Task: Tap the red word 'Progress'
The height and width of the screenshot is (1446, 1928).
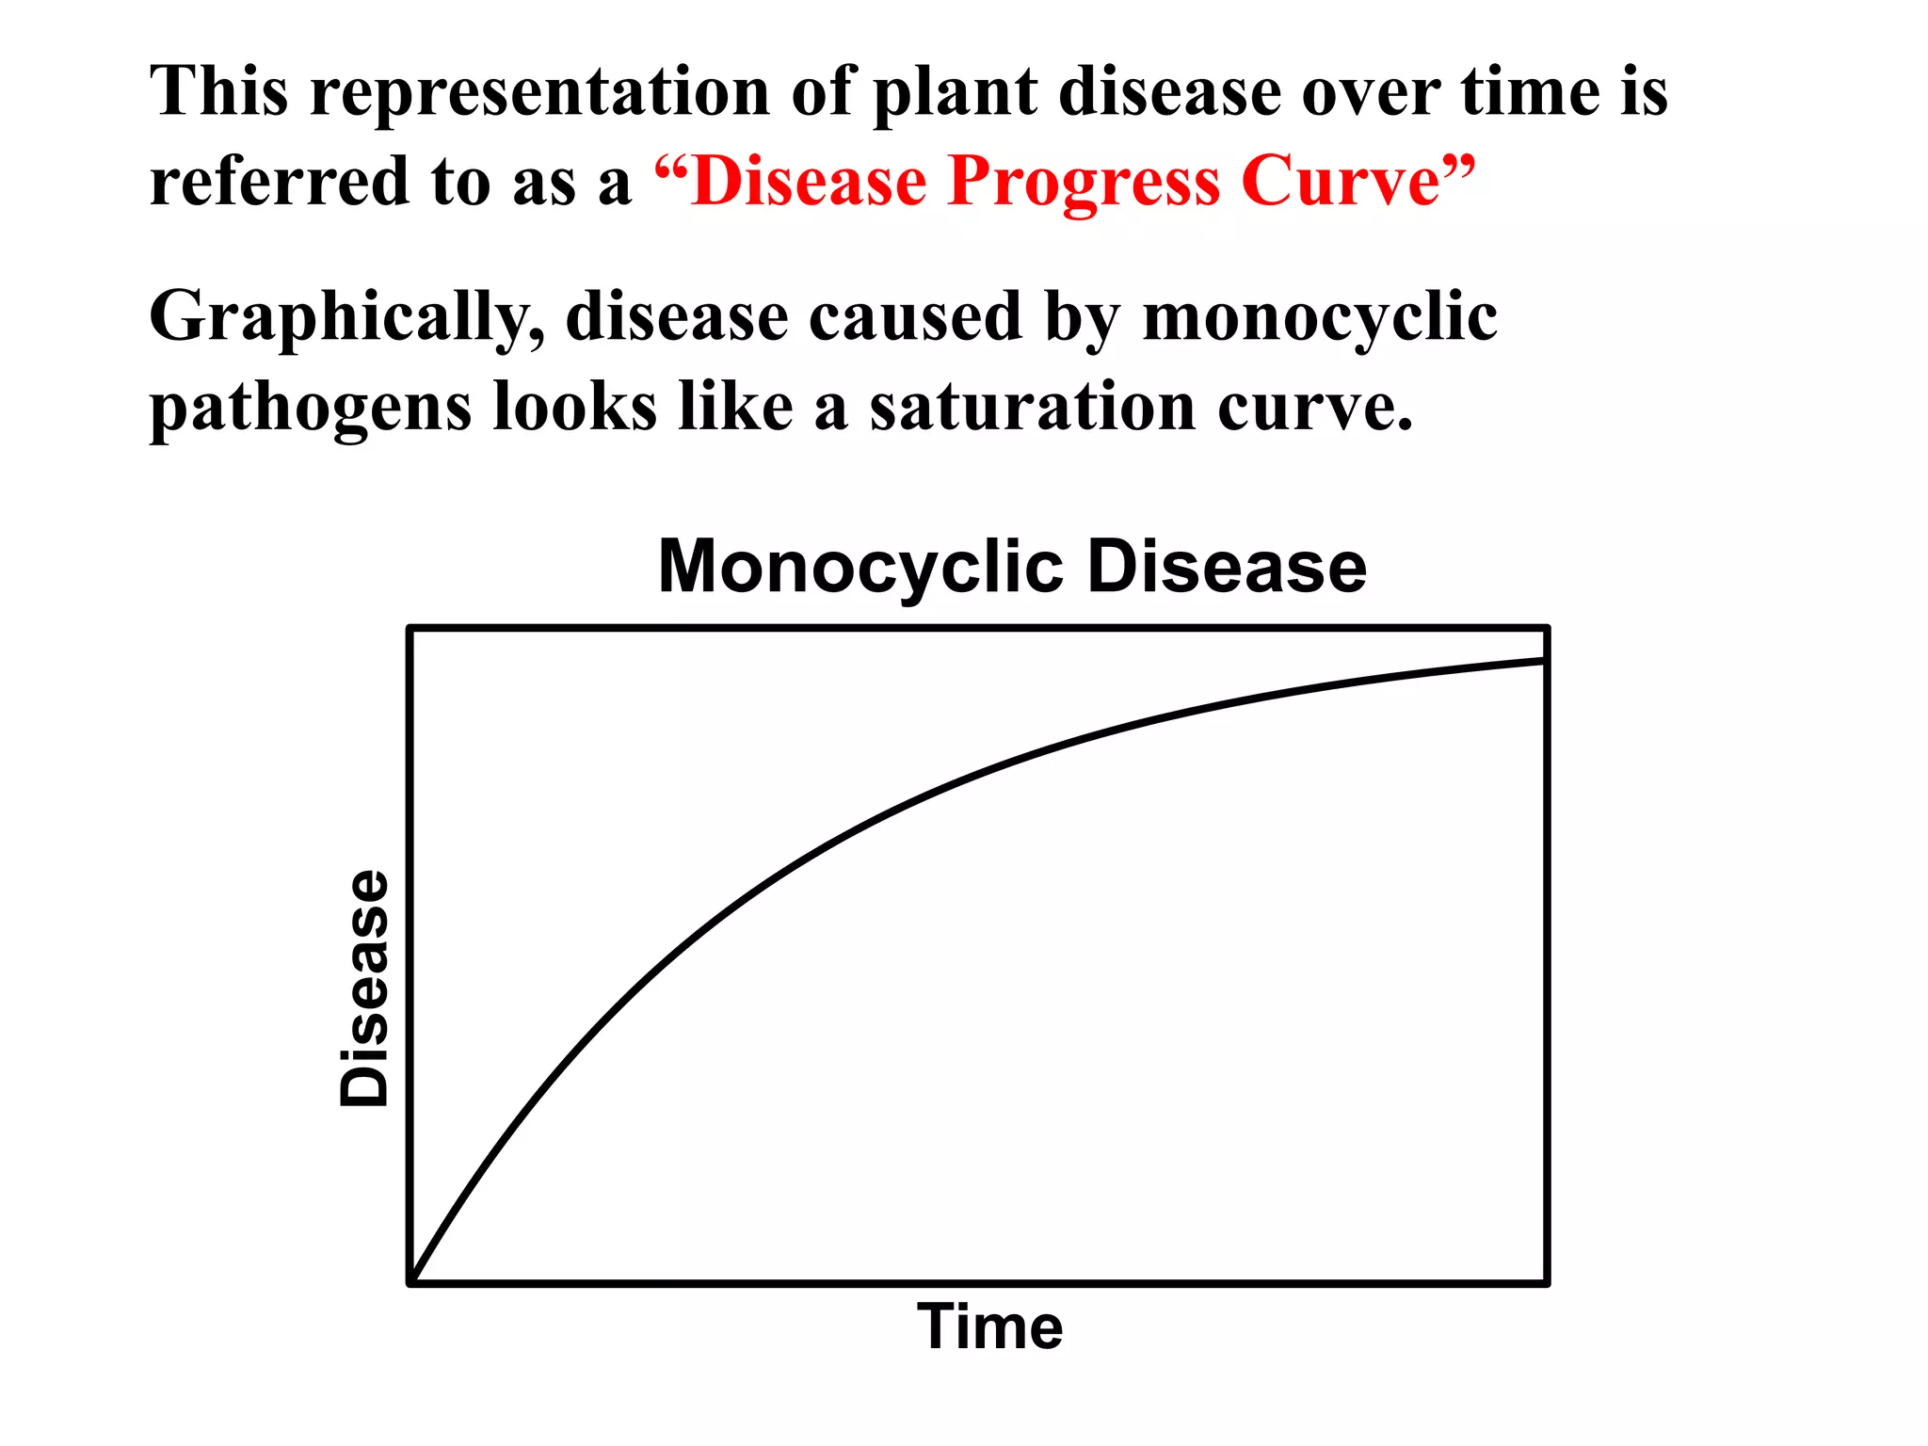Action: (x=1084, y=182)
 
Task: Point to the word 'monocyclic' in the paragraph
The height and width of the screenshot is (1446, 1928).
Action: (x=1319, y=318)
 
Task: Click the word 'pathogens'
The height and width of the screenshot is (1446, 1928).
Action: (x=311, y=409)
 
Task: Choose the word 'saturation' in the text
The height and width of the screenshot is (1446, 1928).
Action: (x=1032, y=407)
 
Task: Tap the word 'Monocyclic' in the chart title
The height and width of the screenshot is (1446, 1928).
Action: (x=860, y=568)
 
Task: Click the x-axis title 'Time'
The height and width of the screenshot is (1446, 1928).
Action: (x=990, y=1328)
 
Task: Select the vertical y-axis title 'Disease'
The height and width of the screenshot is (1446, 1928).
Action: (x=364, y=988)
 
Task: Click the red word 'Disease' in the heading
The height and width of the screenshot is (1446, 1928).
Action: (x=809, y=181)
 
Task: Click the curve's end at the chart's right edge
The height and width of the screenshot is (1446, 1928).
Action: (x=1544, y=661)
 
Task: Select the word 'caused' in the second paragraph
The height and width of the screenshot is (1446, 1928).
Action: (x=916, y=317)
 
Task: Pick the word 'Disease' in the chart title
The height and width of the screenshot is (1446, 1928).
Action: (x=1227, y=568)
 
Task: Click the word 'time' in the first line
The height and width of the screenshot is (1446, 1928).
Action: (x=1530, y=92)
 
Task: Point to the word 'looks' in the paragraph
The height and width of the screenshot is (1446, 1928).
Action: (x=573, y=407)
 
